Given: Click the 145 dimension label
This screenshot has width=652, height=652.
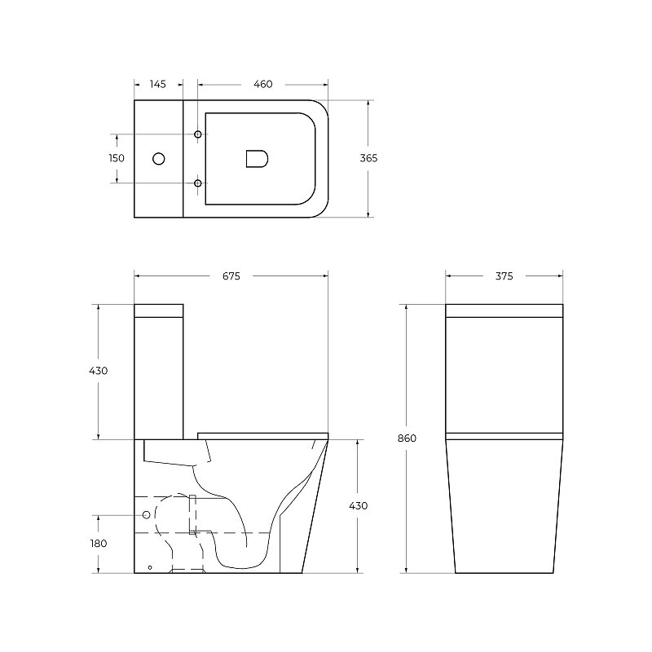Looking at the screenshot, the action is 157,84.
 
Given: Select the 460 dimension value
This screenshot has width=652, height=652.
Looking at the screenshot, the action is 262,84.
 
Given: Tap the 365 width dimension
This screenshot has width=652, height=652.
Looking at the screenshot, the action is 368,158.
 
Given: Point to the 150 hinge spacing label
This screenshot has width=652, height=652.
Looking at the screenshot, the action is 117,158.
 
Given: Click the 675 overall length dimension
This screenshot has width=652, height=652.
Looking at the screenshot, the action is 231,276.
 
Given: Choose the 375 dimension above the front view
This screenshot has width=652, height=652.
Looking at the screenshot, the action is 504,276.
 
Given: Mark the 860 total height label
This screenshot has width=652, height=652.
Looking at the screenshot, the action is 407,438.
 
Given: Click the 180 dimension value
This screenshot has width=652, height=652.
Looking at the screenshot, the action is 99,544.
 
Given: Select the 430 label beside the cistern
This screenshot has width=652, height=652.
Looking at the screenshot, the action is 98,371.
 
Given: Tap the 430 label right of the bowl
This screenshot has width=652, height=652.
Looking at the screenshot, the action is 358,505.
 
